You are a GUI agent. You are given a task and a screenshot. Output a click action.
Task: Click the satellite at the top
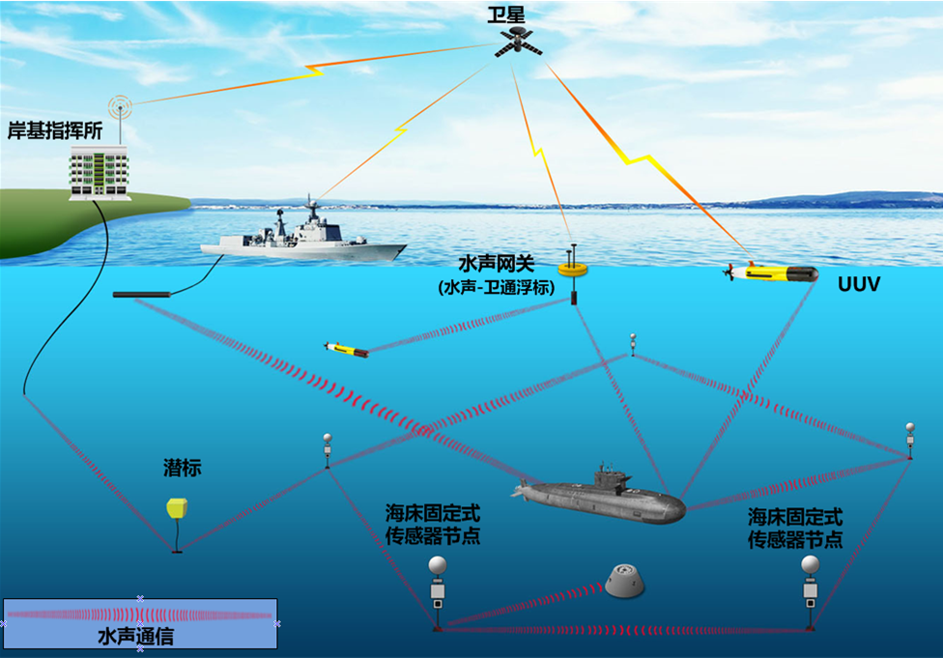click(519, 41)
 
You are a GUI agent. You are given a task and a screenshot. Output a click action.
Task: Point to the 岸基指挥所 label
click(55, 131)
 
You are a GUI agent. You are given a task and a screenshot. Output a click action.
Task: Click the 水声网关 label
click(495, 264)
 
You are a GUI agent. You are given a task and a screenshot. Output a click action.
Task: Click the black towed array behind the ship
click(142, 294)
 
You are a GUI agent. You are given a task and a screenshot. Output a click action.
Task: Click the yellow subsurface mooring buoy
click(178, 508)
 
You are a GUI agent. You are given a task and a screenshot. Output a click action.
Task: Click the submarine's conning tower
click(611, 475)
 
